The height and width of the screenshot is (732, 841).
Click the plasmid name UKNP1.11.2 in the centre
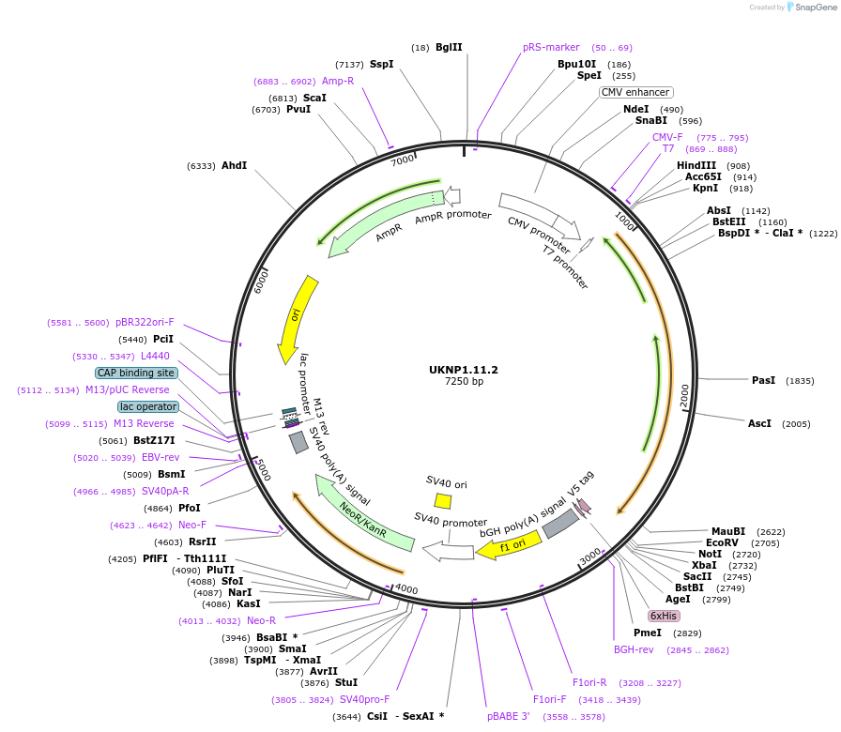pyautogui.click(x=464, y=370)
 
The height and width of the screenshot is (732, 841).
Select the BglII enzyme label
pyautogui.click(x=449, y=47)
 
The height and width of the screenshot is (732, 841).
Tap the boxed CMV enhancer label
pyautogui.click(x=635, y=92)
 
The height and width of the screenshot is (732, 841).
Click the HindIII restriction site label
pyautogui.click(x=696, y=165)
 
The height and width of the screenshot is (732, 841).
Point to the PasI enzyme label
pyautogui.click(x=764, y=380)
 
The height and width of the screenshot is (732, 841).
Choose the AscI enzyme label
pyautogui.click(x=759, y=423)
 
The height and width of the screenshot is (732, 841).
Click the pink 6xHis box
pyautogui.click(x=664, y=616)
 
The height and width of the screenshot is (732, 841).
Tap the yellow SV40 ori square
pyautogui.click(x=443, y=501)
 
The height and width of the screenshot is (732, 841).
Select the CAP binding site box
pyautogui.click(x=136, y=373)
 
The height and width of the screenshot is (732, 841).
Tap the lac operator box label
pyautogui.click(x=148, y=406)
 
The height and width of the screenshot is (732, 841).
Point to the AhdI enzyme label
pyautogui.click(x=234, y=165)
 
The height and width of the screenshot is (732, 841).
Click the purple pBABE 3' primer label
pyautogui.click(x=509, y=716)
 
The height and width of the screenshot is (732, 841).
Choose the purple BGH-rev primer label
pyautogui.click(x=634, y=649)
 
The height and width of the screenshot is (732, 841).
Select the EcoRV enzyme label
pyautogui.click(x=722, y=542)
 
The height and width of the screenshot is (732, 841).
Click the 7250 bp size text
pyautogui.click(x=464, y=382)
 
